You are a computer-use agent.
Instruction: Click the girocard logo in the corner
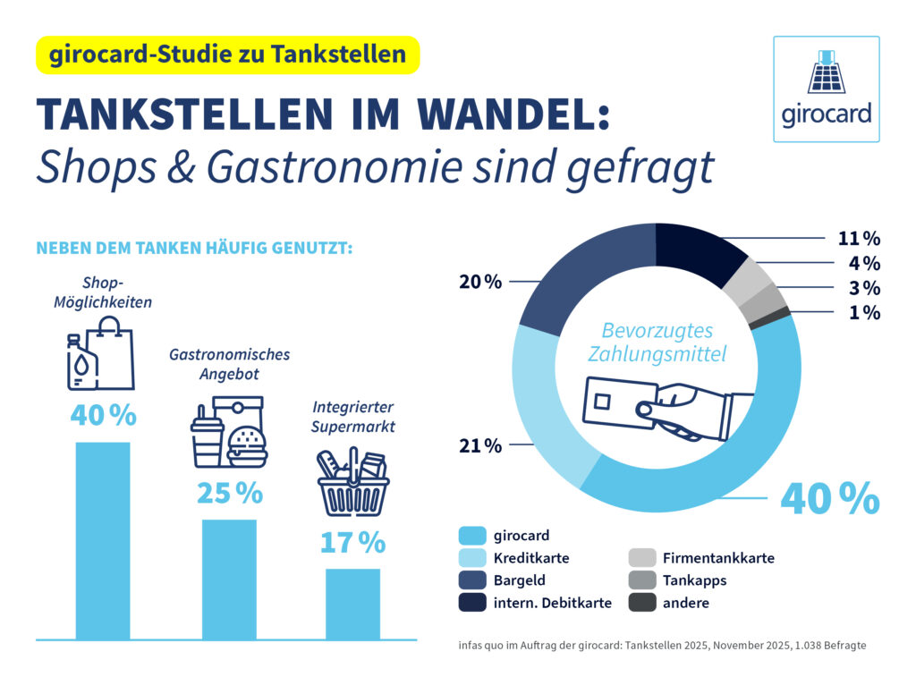click(826, 89)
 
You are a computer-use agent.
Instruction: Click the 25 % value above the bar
click(230, 493)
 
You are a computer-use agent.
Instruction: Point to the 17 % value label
click(352, 543)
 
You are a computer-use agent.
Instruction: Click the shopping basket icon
click(352, 483)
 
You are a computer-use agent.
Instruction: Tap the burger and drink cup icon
click(229, 432)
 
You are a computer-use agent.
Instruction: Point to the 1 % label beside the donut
click(865, 313)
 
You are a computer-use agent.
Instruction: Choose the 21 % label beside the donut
click(480, 445)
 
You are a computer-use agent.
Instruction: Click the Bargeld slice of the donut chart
click(572, 273)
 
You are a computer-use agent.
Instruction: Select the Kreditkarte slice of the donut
click(541, 402)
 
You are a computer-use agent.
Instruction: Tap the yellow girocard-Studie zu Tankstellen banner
click(227, 55)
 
